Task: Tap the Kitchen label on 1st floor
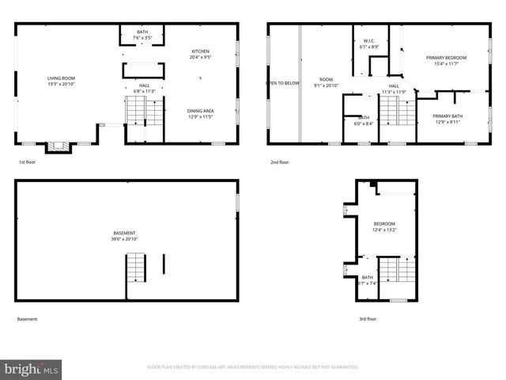coord(200,54)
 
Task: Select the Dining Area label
coord(200,113)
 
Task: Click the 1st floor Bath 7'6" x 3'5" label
coord(142,34)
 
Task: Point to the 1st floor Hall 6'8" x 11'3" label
coord(145,88)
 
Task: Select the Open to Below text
coord(282,82)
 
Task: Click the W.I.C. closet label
coord(369,44)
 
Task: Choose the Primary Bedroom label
coord(446,61)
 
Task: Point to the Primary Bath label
coord(447,120)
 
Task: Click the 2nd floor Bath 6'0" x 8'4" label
coord(364,120)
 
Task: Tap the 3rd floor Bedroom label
coord(384,227)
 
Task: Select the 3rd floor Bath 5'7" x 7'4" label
coord(368,280)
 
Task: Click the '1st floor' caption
coord(27,162)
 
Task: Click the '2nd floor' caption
coord(279,162)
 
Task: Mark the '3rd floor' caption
coord(368,319)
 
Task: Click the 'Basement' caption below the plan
coord(27,319)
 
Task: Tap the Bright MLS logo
coord(32,369)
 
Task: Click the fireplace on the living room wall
coord(56,146)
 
